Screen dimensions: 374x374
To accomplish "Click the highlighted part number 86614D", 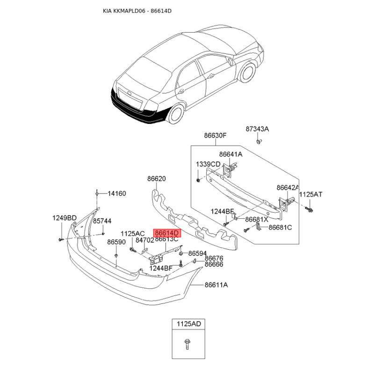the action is point(167,233).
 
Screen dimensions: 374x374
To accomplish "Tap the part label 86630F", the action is point(215,136).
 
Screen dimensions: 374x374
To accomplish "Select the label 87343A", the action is point(257,129).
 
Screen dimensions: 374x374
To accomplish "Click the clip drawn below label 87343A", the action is point(259,141).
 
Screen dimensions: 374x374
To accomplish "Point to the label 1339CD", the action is point(208,164).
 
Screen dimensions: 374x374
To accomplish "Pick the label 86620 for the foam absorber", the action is point(157,179).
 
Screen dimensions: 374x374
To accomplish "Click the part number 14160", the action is point(116,194).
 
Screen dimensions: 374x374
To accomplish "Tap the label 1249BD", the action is point(65,218).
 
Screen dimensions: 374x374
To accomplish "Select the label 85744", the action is point(102,221).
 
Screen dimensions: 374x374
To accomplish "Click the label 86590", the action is point(116,242).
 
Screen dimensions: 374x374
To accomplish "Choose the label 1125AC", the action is point(132,234).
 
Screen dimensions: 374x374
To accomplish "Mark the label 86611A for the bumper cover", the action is point(216,285).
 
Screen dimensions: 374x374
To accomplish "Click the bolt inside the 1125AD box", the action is point(187,345).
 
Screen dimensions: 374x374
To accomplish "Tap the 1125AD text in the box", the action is point(189,324).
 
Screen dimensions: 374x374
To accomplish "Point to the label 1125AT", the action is point(310,194).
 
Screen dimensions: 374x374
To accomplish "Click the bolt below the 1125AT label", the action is point(309,209).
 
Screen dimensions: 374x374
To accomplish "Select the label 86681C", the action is point(280,227).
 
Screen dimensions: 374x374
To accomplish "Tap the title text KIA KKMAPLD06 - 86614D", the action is point(137,11).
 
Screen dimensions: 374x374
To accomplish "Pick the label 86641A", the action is point(230,154).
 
